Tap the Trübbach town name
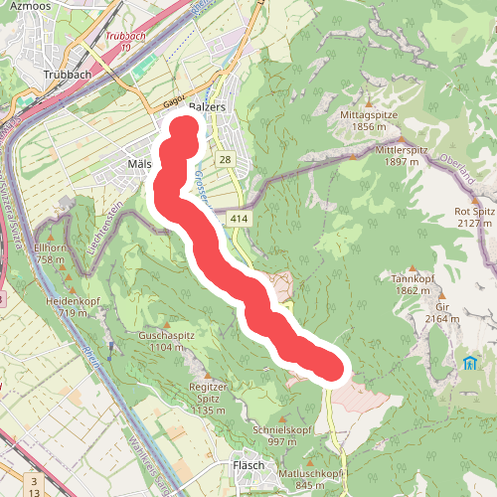click(x=68, y=74)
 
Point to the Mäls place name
click(x=139, y=163)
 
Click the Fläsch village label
click(x=248, y=465)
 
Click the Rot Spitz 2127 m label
click(x=473, y=217)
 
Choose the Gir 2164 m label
click(x=441, y=313)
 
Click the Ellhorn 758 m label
click(x=50, y=253)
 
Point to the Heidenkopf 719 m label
click(x=74, y=306)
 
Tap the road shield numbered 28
click(x=226, y=160)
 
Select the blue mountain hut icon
click(x=468, y=362)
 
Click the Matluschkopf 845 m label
click(x=311, y=479)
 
